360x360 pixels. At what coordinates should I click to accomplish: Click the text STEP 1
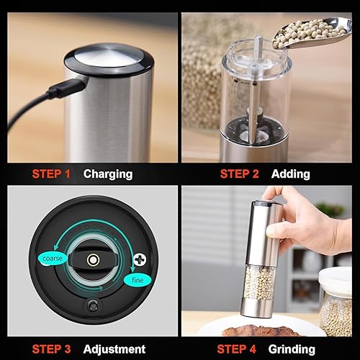point(51,174)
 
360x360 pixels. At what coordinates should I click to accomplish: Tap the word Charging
point(108,174)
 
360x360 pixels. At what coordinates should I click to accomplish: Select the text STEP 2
point(239,174)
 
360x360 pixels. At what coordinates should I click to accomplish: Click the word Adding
point(290,174)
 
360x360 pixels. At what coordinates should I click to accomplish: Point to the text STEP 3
point(51,349)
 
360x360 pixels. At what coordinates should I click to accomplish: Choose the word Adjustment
point(114,349)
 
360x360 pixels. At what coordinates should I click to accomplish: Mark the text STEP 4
point(236,349)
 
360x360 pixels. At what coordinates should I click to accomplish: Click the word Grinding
point(292,350)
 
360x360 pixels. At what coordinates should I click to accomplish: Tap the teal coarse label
point(52,258)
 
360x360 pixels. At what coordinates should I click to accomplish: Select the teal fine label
point(138,280)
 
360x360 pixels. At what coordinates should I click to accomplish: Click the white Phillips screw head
point(140,259)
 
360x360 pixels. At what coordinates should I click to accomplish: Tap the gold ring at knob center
point(93,260)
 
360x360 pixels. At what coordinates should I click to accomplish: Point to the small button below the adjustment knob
point(92,305)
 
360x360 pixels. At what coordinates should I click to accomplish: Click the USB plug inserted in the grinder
point(68,89)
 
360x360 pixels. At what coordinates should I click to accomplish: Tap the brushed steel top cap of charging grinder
point(109,58)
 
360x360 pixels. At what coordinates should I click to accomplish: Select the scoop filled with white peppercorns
point(312,33)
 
